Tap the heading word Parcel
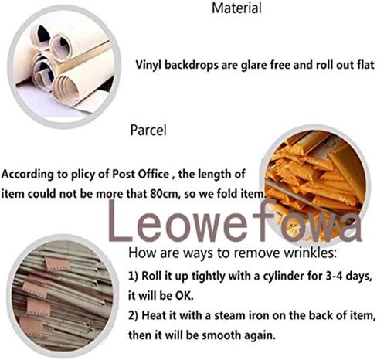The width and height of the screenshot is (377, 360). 149,130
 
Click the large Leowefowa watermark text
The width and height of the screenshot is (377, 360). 236,222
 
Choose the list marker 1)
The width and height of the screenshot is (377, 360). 132,276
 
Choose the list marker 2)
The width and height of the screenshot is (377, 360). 132,315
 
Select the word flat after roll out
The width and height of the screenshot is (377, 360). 362,66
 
